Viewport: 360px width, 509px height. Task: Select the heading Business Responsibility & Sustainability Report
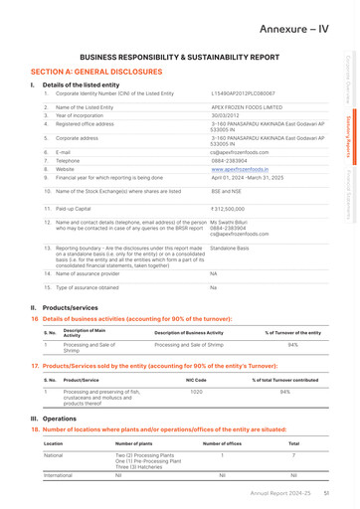[x=179, y=60]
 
